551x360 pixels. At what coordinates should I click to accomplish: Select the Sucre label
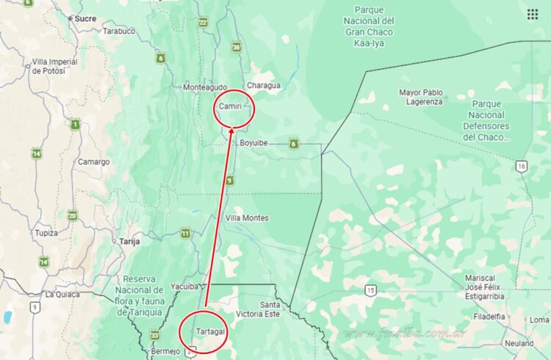tap(85, 18)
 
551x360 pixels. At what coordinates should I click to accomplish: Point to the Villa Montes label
tap(247, 218)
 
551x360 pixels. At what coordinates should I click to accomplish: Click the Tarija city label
tap(129, 240)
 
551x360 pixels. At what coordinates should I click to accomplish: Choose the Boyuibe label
tap(255, 143)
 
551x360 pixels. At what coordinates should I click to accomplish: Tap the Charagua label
tap(263, 85)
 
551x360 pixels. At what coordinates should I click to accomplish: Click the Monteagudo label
tap(205, 87)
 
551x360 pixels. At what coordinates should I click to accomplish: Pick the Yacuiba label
tap(184, 287)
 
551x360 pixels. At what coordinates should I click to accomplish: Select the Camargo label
tap(94, 162)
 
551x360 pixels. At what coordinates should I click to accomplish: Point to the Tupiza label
tap(46, 233)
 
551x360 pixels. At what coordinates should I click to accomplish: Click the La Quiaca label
tap(62, 294)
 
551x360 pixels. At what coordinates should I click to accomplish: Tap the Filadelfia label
tap(489, 317)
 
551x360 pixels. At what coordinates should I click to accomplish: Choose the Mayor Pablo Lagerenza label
tap(421, 97)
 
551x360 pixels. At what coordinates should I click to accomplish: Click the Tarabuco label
tap(118, 31)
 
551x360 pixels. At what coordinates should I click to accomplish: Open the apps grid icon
tap(533, 14)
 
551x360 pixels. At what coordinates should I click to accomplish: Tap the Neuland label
tap(519, 343)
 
